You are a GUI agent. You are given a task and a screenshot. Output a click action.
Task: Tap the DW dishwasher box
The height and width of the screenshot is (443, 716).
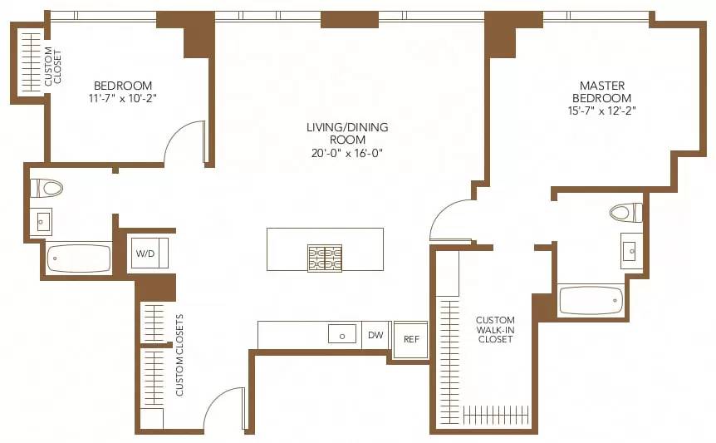coord(375,335)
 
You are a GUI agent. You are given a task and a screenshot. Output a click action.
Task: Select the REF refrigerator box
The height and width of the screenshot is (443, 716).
coord(410,339)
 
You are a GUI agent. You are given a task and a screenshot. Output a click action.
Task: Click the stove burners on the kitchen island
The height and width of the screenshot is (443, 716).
coord(325,258)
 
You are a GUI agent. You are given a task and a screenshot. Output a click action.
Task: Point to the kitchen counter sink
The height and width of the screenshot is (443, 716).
coord(342,335)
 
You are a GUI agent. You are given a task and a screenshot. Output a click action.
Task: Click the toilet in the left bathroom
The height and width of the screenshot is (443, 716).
coord(47,188)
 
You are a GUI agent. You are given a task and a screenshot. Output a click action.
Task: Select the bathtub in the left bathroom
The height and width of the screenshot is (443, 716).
coord(80,258)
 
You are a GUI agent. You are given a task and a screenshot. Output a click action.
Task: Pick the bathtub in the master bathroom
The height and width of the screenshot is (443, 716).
coord(591,300)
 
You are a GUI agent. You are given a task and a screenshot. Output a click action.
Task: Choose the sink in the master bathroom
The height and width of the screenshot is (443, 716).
coord(630,249)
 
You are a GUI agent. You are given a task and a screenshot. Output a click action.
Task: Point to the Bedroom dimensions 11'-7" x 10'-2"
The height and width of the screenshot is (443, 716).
coord(123,98)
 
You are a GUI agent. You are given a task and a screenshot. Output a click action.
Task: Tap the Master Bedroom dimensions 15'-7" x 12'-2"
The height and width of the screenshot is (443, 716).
coord(602,110)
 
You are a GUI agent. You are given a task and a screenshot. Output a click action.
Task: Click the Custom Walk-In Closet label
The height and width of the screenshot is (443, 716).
coord(495,330)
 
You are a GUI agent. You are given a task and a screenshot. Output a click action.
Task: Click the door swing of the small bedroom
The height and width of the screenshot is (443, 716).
coord(184,143)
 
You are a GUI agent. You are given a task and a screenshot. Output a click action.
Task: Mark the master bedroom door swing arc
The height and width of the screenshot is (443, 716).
coord(450,220)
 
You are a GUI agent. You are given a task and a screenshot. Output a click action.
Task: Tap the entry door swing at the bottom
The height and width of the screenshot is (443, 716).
coord(223,408)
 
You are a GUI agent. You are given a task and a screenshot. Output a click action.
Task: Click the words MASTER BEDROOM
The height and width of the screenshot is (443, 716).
coord(602,91)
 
